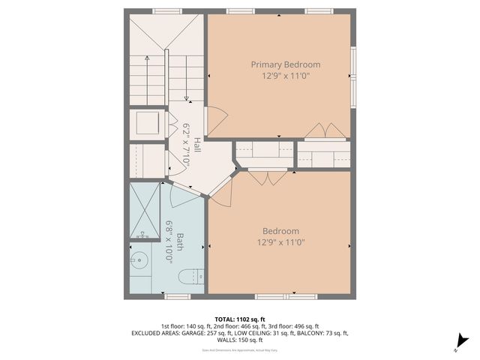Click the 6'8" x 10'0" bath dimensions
(x=169, y=242)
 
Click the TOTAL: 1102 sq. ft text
(x=239, y=319)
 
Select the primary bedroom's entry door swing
(x=216, y=120)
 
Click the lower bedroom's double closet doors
(x=268, y=178)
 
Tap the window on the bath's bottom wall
(x=178, y=297)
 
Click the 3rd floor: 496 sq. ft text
(x=296, y=326)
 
